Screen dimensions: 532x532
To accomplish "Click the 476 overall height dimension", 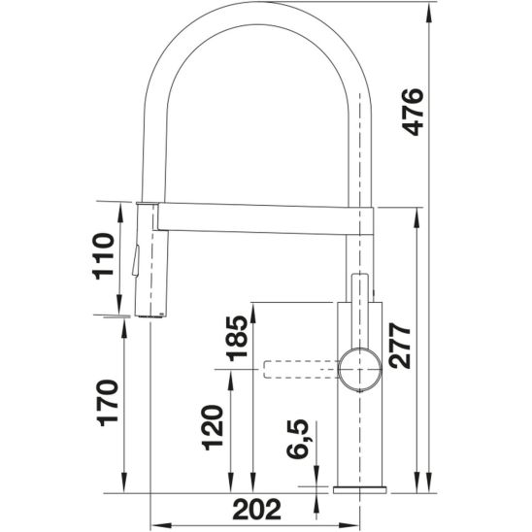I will (x=412, y=112).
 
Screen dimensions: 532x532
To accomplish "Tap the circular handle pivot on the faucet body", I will (x=356, y=367).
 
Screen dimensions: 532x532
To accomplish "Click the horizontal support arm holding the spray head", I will (x=262, y=217).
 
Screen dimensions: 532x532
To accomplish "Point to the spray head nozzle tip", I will (x=149, y=316).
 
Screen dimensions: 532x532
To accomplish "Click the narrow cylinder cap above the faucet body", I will (x=359, y=287).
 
